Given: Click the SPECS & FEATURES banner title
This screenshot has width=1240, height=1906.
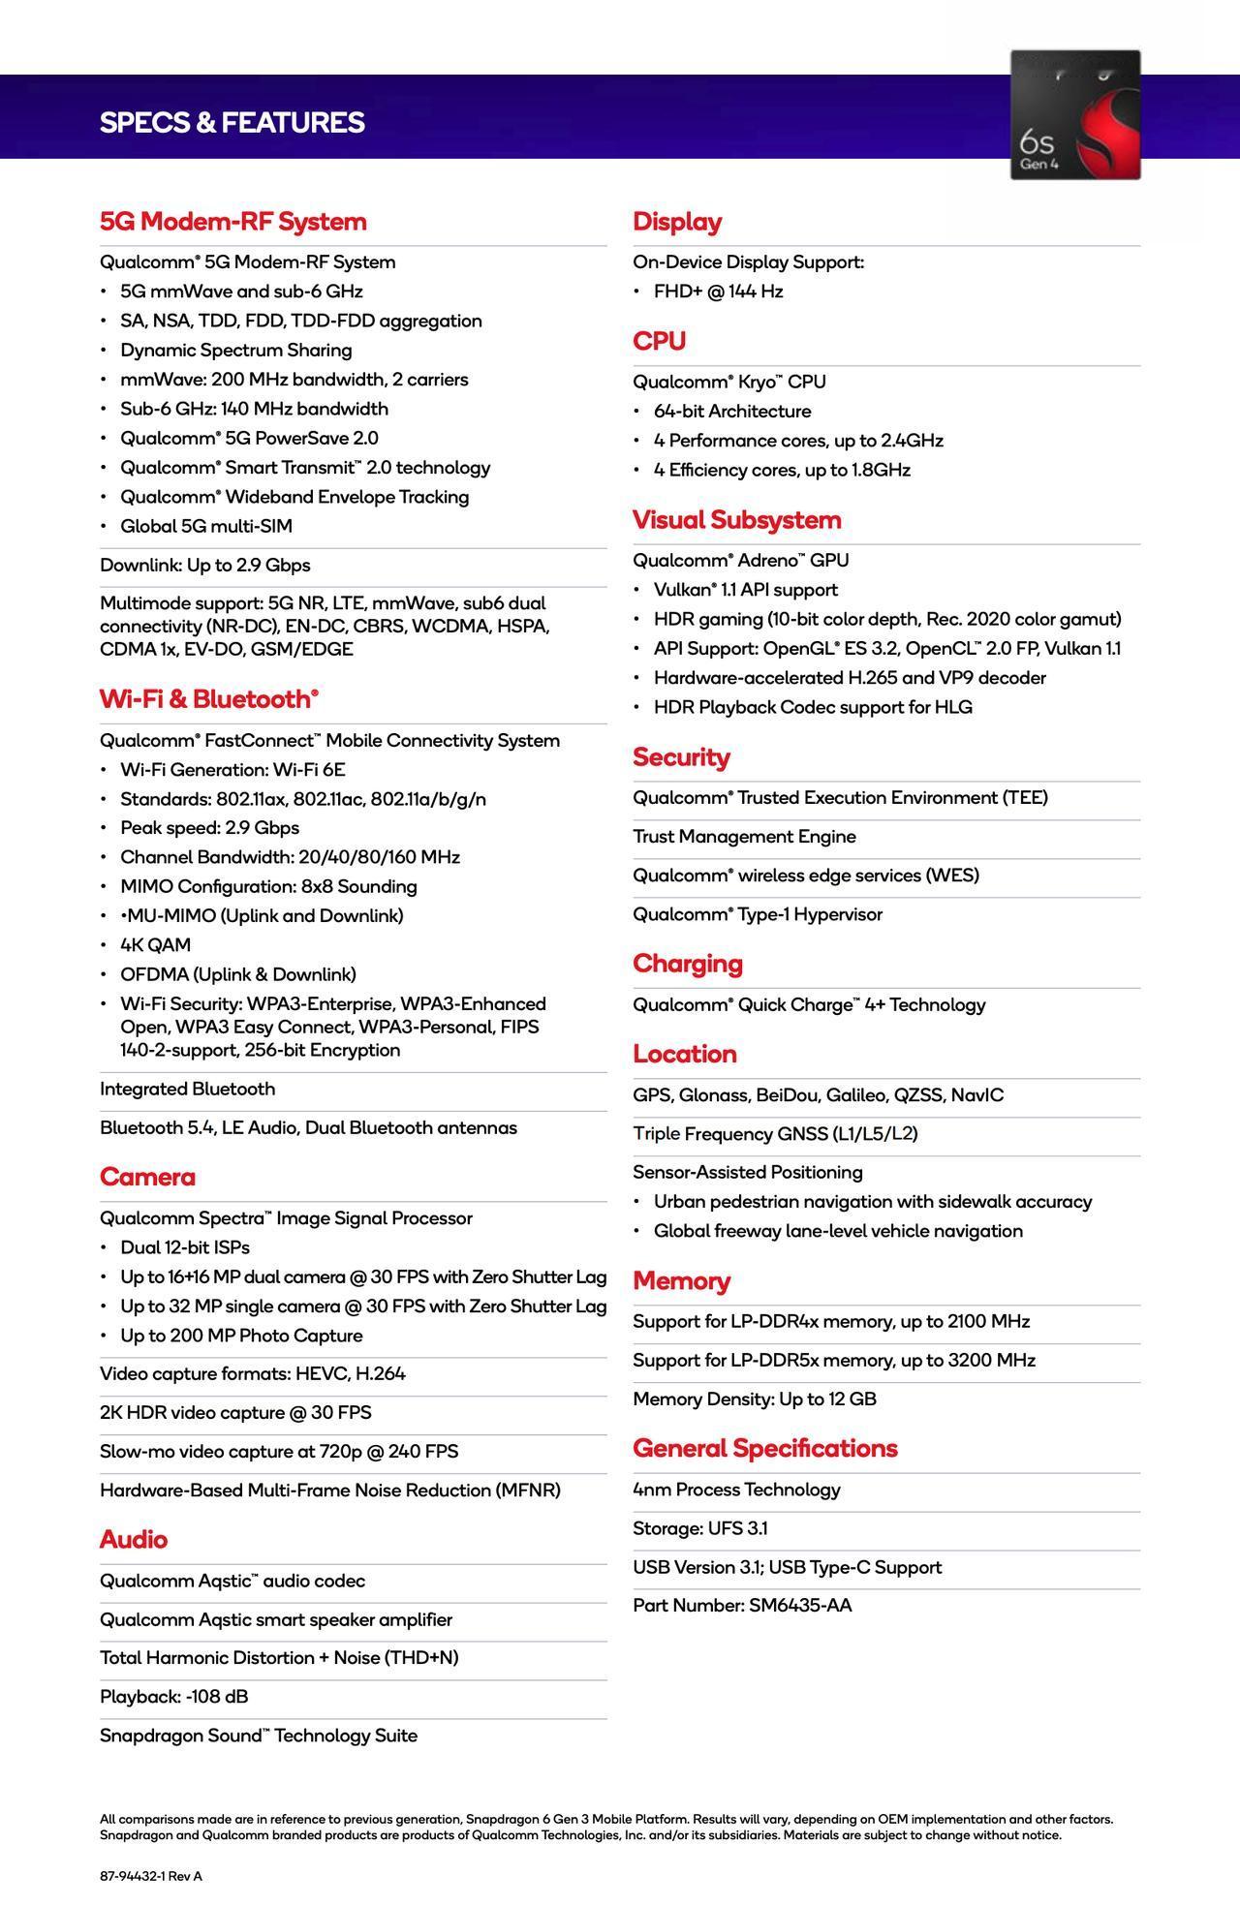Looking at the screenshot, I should [x=232, y=123].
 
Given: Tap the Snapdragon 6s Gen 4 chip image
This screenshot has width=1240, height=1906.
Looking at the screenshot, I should [x=1075, y=114].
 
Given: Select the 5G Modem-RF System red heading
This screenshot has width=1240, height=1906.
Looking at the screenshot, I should [x=232, y=222].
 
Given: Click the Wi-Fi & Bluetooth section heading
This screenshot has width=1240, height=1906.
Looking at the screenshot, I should [x=208, y=699].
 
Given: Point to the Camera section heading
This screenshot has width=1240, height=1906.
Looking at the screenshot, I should [x=147, y=1177].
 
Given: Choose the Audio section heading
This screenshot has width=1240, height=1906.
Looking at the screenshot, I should [x=133, y=1539].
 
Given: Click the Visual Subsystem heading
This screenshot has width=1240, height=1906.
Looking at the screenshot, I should [x=736, y=520].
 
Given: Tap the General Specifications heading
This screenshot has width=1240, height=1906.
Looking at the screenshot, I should [x=764, y=1448].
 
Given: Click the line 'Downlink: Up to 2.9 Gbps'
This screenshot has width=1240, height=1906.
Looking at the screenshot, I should [x=204, y=566].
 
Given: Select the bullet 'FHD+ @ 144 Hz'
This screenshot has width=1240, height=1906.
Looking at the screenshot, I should [x=717, y=292].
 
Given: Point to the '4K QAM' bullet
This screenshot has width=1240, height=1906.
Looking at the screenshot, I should [x=155, y=945].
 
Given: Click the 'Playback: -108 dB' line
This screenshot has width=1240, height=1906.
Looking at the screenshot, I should [x=173, y=1696].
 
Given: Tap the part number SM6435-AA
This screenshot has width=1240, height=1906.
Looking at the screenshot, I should [x=800, y=1605].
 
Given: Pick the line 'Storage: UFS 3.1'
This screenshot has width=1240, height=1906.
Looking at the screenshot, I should [x=699, y=1528].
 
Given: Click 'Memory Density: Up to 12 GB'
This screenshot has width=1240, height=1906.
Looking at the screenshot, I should [x=754, y=1399].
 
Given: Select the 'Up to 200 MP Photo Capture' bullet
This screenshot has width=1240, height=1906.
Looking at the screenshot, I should [x=240, y=1336].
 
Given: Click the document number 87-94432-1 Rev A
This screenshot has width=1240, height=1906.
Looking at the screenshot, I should [x=150, y=1876].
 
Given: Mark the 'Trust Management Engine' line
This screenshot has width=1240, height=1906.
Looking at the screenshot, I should [x=744, y=837].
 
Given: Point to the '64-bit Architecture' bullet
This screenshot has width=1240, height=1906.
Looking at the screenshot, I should [x=731, y=412].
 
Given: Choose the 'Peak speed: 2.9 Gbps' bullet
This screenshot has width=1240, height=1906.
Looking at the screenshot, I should [x=209, y=828].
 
